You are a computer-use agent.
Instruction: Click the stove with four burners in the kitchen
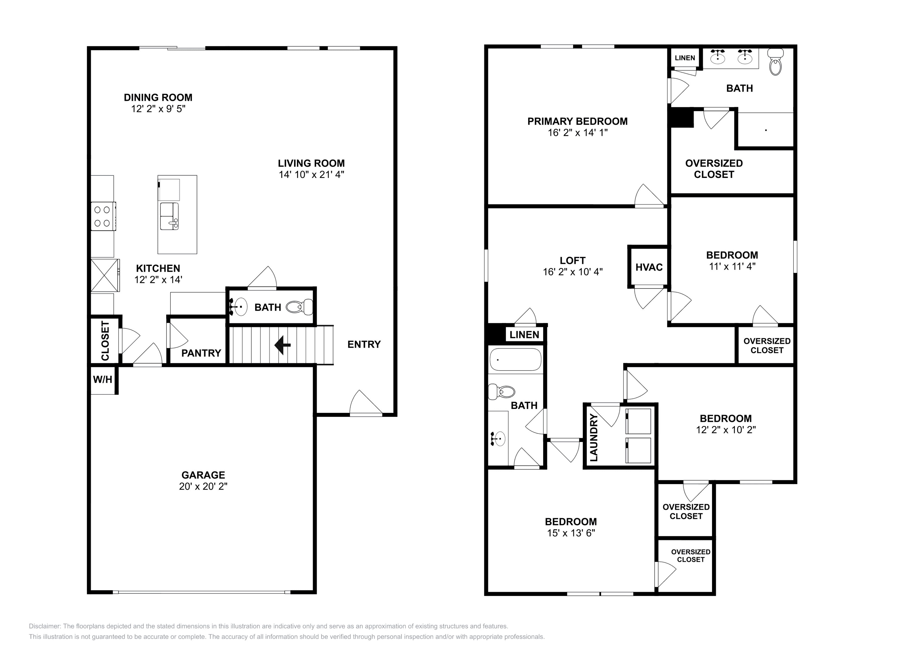point(103,216)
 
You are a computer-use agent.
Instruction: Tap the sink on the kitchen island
point(169,216)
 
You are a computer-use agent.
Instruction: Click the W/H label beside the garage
point(103,380)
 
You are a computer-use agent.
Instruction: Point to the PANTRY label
point(201,353)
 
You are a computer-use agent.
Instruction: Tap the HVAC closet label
point(649,267)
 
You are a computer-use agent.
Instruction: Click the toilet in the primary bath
point(776,62)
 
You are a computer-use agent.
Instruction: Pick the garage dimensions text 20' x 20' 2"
point(203,486)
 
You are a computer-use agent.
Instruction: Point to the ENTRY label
point(364,344)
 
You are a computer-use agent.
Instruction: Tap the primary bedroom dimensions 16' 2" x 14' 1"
point(578,133)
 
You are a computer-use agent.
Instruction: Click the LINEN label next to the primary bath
point(685,58)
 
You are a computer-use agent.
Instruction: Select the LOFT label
point(572,261)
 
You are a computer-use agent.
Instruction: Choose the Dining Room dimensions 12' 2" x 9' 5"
point(158,109)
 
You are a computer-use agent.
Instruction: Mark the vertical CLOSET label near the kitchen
point(105,340)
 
